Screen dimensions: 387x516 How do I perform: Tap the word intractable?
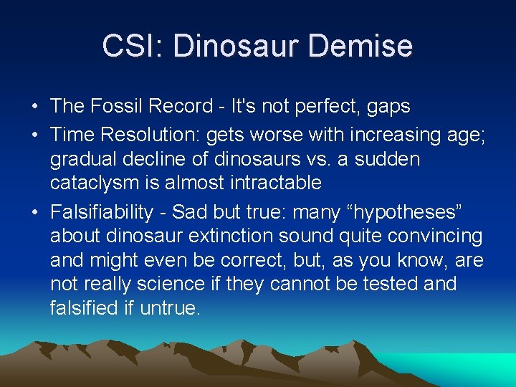click(x=275, y=183)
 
